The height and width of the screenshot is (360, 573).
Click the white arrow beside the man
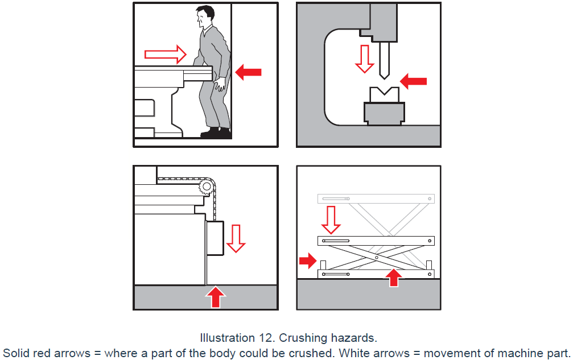pyautogui.click(x=165, y=55)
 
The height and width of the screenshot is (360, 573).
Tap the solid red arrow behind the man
pyautogui.click(x=249, y=72)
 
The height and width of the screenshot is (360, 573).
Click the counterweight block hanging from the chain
pyautogui.click(x=215, y=239)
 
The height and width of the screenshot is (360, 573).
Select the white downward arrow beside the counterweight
pyautogui.click(x=236, y=237)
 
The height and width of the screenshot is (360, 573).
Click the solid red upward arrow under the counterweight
pyautogui.click(x=215, y=296)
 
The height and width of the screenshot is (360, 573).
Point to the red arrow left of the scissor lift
pyautogui.click(x=307, y=261)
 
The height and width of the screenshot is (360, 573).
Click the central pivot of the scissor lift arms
pyautogui.click(x=377, y=257)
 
